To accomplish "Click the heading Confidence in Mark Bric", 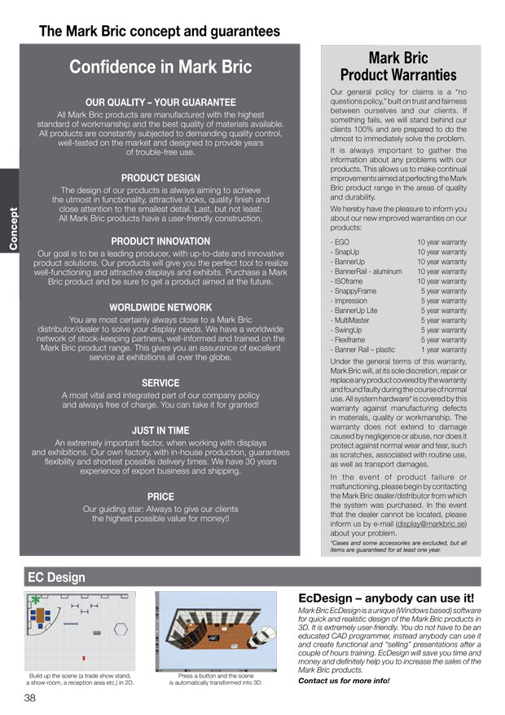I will click(x=160, y=67).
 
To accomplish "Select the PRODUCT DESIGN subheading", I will click(x=160, y=177).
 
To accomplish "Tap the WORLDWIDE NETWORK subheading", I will click(x=160, y=307).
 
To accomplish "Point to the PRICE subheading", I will click(x=160, y=497).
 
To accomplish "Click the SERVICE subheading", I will click(x=160, y=382).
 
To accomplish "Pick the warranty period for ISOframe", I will click(x=442, y=281).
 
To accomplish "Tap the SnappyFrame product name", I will click(x=354, y=291).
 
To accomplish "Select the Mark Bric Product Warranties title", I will click(x=398, y=66).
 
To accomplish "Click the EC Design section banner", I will click(x=56, y=577).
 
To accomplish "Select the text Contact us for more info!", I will click(x=344, y=681).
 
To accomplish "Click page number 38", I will click(x=29, y=699).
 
